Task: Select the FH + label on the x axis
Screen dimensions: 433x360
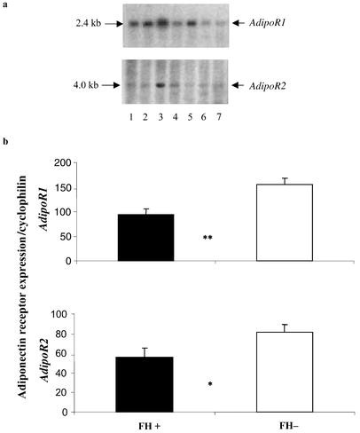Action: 146,424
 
